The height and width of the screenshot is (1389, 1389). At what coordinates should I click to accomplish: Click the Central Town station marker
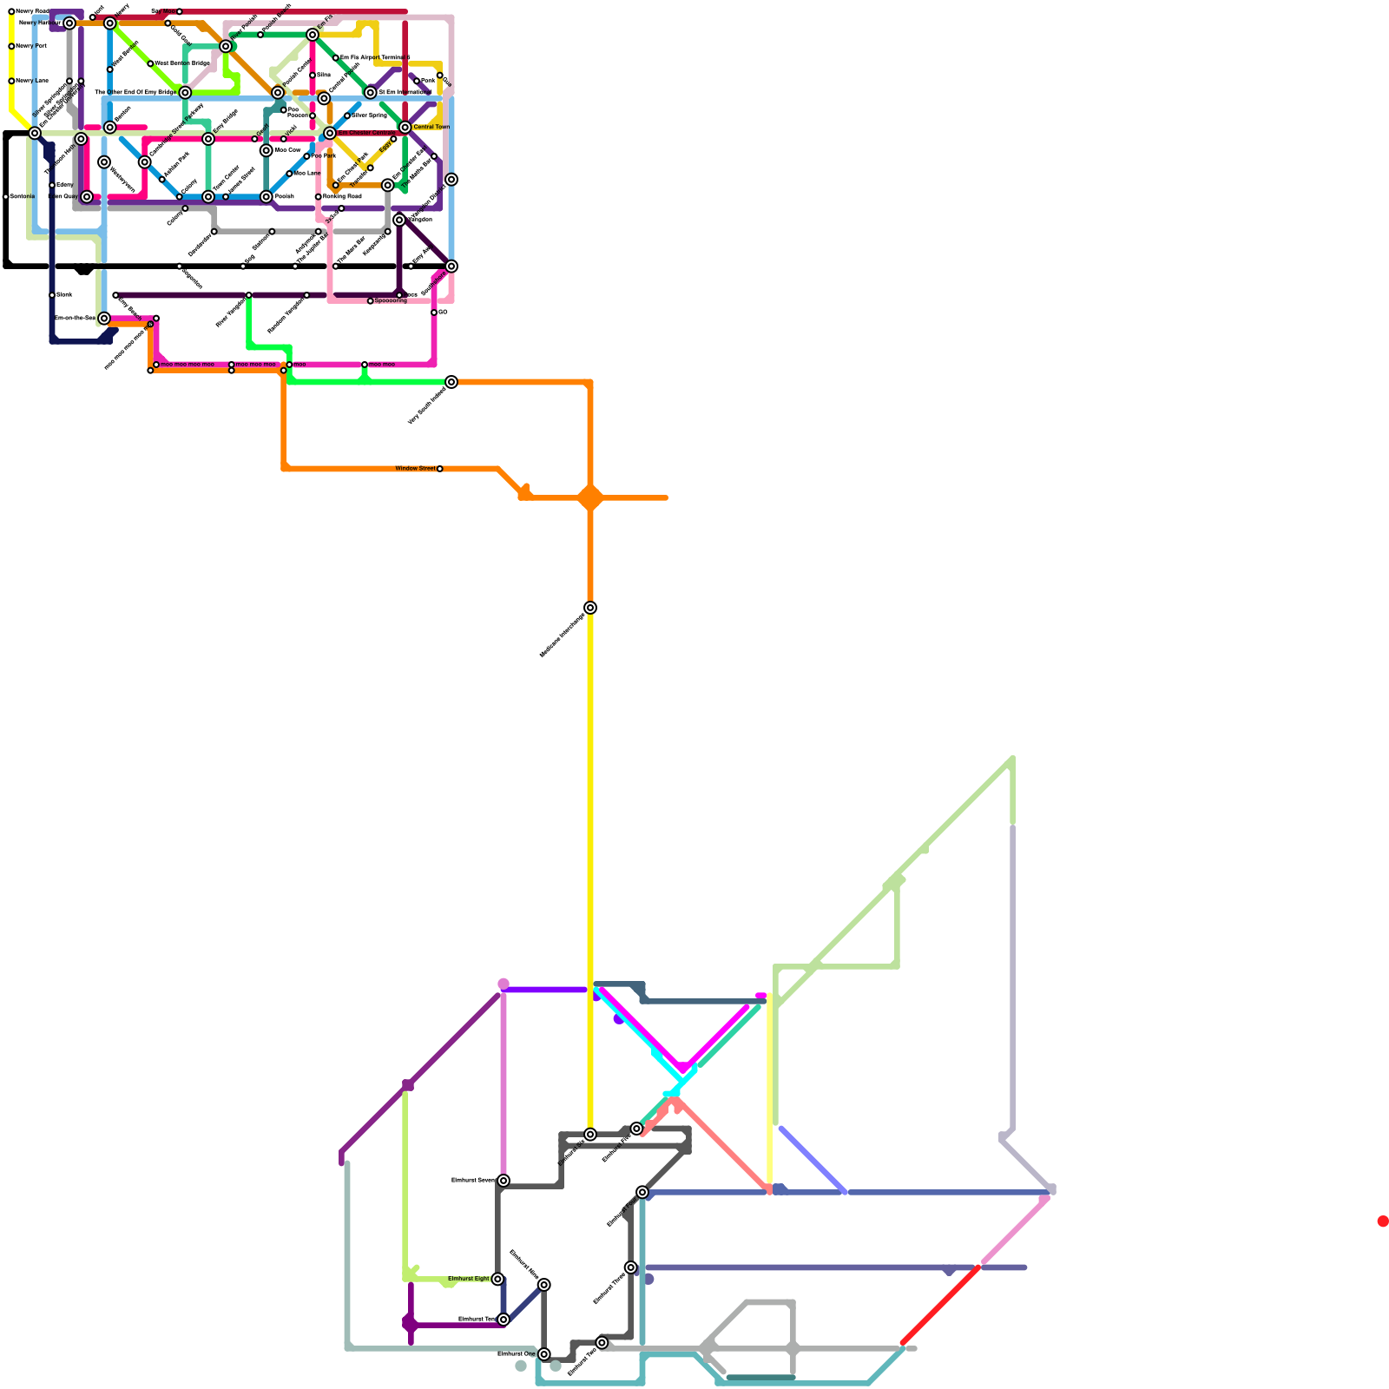coord(405,128)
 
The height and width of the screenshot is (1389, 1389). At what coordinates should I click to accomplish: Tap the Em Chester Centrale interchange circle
coord(330,133)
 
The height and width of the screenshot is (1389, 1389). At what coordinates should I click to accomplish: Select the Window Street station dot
coord(440,469)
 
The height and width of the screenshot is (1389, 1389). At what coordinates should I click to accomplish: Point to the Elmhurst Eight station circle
coord(497,1279)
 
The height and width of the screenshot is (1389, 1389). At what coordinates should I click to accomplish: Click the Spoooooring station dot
coord(371,301)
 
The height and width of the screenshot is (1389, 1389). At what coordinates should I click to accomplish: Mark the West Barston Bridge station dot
coord(150,63)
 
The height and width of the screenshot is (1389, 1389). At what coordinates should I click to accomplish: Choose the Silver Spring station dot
coord(347,115)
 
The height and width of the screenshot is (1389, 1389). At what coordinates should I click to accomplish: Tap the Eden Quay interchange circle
coord(87,197)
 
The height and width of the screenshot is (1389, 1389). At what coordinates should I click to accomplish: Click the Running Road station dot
coord(319,197)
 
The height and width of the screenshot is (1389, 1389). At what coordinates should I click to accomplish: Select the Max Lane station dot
coord(289,174)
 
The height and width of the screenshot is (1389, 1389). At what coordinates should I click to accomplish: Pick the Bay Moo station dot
coord(180,12)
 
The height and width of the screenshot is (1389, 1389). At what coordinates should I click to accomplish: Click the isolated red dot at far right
coord(1383,1221)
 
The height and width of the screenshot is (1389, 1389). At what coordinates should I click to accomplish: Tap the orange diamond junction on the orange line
coord(590,498)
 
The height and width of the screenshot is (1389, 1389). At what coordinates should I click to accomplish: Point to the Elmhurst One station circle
coord(544,1354)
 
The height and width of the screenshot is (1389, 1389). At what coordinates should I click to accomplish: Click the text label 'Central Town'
coord(431,128)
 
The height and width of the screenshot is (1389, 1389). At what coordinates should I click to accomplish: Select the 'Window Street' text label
coord(415,469)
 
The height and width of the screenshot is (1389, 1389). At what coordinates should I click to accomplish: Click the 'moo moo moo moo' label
coord(188,365)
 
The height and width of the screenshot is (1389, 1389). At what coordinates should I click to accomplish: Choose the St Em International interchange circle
coord(371,93)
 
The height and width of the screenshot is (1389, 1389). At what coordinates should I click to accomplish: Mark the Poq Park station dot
coord(306,156)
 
